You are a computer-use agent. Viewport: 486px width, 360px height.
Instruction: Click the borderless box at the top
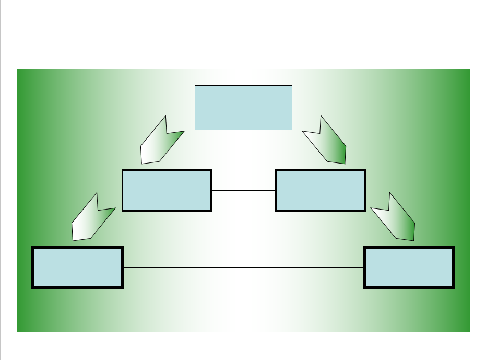coord(243,107)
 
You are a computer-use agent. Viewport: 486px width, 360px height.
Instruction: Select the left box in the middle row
coord(167,190)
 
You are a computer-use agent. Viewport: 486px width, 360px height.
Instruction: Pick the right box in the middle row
coord(320,190)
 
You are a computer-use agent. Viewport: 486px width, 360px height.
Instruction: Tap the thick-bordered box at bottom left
coord(77,267)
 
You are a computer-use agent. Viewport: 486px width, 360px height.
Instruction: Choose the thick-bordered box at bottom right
coord(409,267)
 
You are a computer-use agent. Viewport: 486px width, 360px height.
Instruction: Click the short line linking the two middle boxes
coord(243,191)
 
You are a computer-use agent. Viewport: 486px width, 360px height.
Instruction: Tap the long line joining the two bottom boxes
coord(243,267)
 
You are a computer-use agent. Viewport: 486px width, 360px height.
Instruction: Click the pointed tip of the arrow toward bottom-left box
coord(73,240)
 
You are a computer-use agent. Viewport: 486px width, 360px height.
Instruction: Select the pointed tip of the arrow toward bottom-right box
coord(413,240)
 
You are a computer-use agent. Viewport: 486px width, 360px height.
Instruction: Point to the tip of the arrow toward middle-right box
coord(345,163)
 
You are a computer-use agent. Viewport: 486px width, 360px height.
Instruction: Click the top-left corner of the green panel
coord(17,69)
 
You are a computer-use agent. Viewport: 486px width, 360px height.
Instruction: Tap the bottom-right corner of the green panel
coord(470,331)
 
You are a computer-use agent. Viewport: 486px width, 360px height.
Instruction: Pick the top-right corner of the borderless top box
coord(291,86)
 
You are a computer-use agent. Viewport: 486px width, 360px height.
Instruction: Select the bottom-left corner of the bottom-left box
coord(33,287)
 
